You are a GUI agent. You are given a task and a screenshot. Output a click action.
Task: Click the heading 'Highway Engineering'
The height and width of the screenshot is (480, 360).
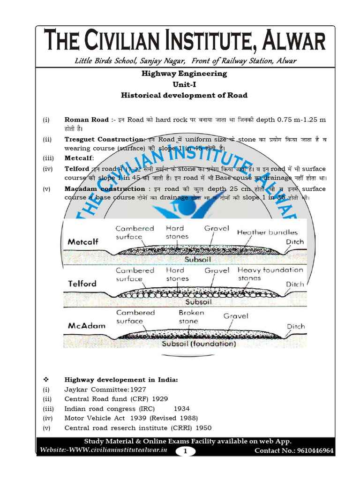pos(184,74)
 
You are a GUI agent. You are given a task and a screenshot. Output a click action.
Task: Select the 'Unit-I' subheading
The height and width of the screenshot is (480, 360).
pos(184,84)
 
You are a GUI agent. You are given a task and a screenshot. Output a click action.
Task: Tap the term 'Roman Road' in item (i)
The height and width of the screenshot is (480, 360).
pos(86,120)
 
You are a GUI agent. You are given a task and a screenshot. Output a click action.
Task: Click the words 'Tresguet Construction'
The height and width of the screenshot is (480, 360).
pos(104,139)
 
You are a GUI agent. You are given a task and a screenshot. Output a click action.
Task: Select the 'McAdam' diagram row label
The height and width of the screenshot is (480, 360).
pos(87,325)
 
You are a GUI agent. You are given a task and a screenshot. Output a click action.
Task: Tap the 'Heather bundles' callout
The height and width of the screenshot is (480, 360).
pos(267,232)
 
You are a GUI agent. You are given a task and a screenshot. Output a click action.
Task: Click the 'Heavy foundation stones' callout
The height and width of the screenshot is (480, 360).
pos(270,274)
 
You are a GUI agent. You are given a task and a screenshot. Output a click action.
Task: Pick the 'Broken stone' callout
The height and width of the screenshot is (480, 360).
pos(191,317)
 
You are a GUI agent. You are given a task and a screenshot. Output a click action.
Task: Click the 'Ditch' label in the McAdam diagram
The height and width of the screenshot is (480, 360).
pos(296,326)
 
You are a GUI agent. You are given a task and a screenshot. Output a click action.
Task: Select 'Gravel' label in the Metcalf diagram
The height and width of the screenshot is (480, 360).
pos(217,228)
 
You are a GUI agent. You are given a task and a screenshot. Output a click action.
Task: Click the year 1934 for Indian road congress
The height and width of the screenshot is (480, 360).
pos(181,409)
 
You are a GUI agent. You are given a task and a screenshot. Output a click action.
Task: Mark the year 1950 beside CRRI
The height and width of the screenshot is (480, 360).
pos(203,428)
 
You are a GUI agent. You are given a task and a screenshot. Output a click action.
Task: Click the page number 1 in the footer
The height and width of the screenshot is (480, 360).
pos(185,451)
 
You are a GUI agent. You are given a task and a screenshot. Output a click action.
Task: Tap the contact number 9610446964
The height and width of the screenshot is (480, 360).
pos(314,451)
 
